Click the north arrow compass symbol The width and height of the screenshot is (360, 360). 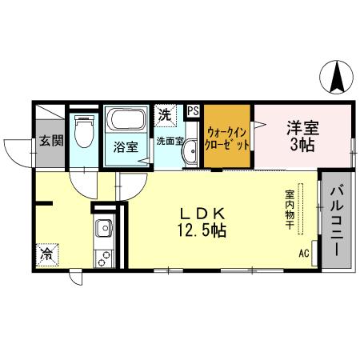(338, 78)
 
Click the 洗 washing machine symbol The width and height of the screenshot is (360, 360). (166, 114)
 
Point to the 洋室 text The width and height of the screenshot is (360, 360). (302, 126)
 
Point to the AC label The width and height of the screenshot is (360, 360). (304, 254)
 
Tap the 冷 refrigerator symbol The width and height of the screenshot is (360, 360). (47, 256)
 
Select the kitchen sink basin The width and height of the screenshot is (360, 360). (103, 231)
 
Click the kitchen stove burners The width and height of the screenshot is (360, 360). (102, 258)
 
